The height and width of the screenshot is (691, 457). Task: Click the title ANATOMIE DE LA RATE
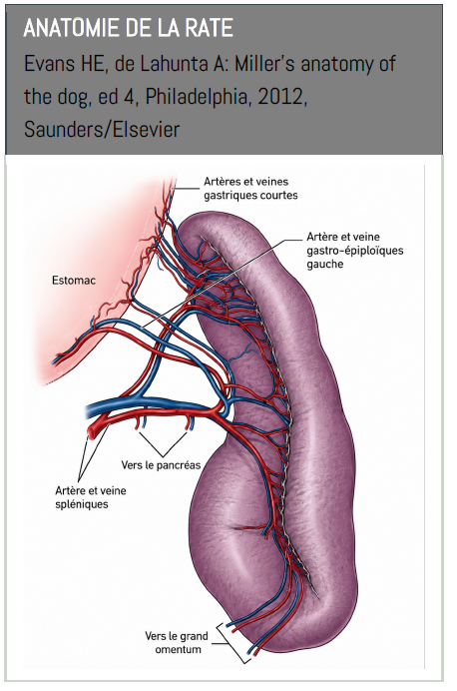point(128,29)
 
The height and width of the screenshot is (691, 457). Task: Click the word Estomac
point(74,281)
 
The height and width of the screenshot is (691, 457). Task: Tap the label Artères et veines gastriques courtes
point(250,188)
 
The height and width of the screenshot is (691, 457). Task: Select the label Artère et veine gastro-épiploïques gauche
point(355,251)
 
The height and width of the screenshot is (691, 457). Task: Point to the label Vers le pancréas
point(161,464)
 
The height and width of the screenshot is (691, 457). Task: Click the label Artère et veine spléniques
point(90,497)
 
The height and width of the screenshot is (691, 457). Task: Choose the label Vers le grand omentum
point(177,642)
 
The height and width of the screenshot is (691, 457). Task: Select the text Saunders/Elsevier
point(102,130)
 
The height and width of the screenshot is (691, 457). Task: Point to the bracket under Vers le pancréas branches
point(163,443)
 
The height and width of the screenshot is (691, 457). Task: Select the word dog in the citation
point(71,98)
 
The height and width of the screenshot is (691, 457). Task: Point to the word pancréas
point(181,464)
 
